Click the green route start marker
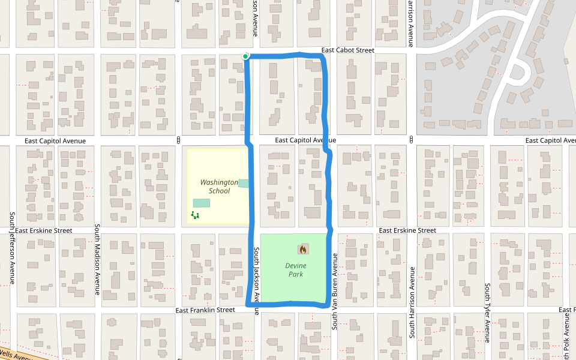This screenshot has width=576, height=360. pos(245,56)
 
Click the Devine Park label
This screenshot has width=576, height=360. pos(296,270)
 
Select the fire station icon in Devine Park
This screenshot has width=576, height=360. pos(303,249)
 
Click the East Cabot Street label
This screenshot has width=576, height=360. pos(347,50)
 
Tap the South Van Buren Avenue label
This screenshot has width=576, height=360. pos(335,291)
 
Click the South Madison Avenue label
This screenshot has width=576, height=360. pos(97,260)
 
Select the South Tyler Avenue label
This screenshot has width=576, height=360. pos(488,312)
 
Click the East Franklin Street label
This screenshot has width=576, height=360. pos(205,310)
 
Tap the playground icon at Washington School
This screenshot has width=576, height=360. pos(194,215)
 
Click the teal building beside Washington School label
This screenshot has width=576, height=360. pos(244,183)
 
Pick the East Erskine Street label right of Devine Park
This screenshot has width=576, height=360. pos(407,230)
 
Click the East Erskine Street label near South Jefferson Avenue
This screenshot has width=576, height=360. pos(43,230)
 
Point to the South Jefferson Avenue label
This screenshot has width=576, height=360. pos(11,248)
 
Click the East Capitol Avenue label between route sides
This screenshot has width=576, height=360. pos(305,140)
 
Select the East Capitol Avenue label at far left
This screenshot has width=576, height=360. pos(55,140)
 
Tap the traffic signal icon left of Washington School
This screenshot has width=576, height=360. pos(179,140)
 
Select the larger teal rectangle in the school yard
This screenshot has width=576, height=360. pos(202,203)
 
